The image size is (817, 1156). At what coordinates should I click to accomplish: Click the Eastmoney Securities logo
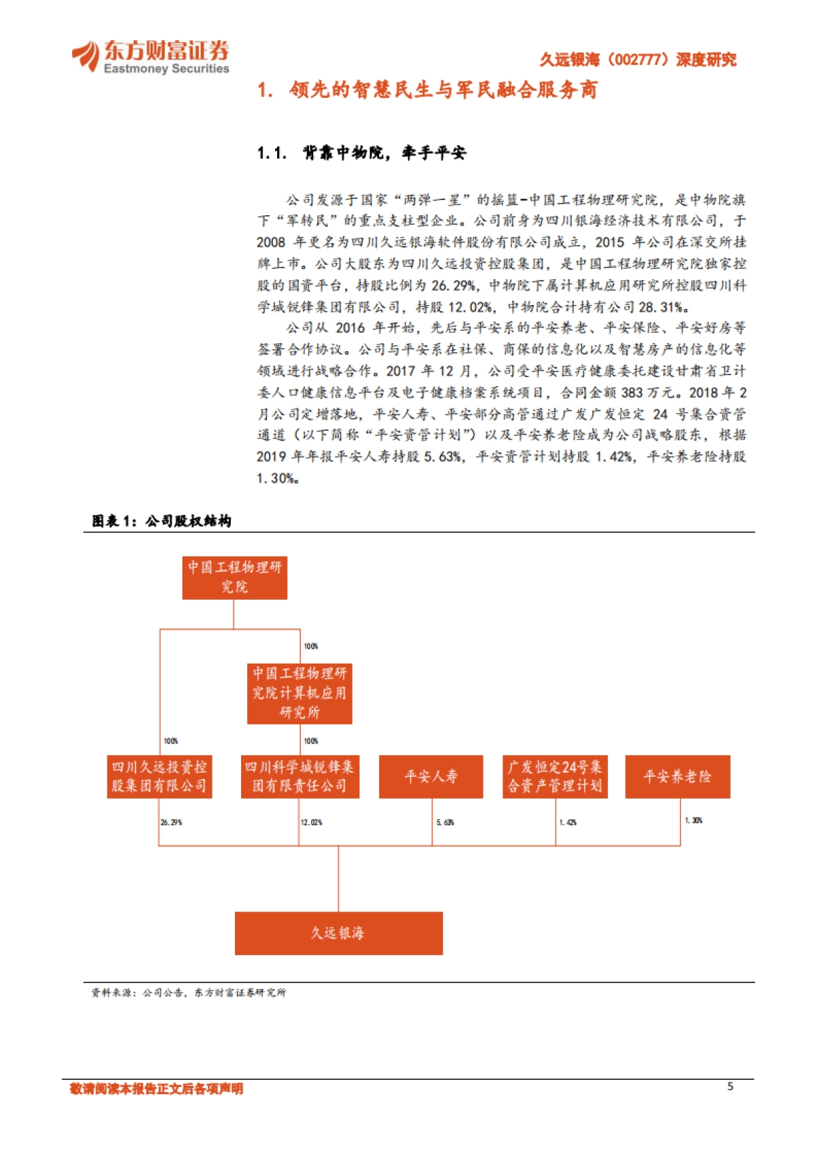click(x=150, y=57)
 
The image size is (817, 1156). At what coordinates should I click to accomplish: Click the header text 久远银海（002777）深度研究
click(x=637, y=60)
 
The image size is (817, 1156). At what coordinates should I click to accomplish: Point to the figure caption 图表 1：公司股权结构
click(x=161, y=521)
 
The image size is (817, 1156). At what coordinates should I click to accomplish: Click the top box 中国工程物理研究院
click(x=234, y=577)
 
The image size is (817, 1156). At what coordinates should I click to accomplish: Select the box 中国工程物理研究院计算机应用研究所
click(x=300, y=693)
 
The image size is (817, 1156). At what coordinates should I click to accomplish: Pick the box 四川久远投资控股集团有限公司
click(x=159, y=776)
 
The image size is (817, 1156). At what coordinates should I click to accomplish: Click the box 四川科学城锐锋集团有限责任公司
click(x=300, y=776)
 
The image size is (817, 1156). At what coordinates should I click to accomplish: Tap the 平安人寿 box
click(x=431, y=776)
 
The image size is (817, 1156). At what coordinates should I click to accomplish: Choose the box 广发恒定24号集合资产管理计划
click(x=555, y=776)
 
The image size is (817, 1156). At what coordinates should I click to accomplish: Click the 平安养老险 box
click(x=677, y=776)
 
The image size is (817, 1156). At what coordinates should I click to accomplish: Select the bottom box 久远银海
click(x=338, y=933)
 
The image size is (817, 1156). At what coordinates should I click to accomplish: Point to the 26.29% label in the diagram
click(x=171, y=822)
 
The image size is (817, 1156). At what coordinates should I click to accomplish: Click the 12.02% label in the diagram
click(x=311, y=822)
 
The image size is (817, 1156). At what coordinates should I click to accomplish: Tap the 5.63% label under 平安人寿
click(x=445, y=822)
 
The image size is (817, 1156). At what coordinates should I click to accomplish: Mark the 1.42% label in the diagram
click(x=568, y=822)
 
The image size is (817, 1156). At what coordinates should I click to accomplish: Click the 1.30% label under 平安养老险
click(x=693, y=820)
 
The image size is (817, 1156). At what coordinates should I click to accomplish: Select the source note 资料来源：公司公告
click(x=189, y=993)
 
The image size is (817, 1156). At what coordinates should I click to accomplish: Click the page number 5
click(x=730, y=1087)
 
